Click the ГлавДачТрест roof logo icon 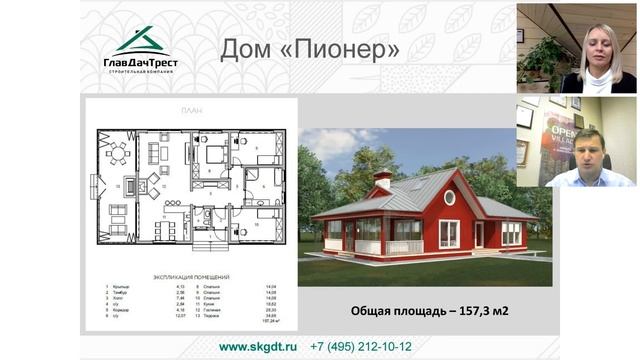coord(140,41)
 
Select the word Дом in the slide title coord(245,49)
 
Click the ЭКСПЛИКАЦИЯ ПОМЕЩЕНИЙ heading coord(190,274)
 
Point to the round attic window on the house coord(449,197)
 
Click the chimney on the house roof coord(381,180)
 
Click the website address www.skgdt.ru coord(258,346)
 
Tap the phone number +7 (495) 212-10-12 coord(361,346)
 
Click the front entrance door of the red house coord(479,235)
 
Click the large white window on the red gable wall coord(449,233)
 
